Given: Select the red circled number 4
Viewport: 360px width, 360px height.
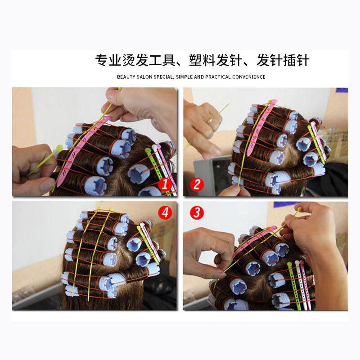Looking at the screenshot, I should [x=165, y=213].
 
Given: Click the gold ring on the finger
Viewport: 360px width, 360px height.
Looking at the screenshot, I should [x=210, y=120].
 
